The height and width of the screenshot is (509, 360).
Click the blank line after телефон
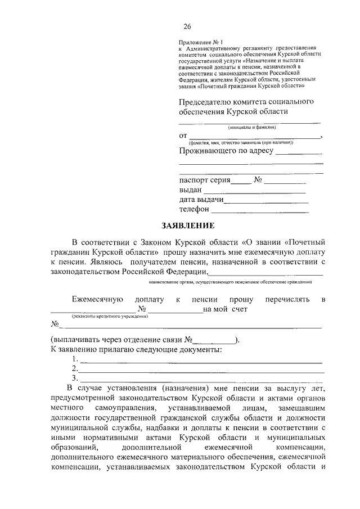click(x=260, y=210)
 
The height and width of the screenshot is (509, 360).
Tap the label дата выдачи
click(x=202, y=200)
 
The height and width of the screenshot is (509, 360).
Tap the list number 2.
click(x=75, y=368)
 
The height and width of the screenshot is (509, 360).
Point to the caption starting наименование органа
click(x=230, y=281)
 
